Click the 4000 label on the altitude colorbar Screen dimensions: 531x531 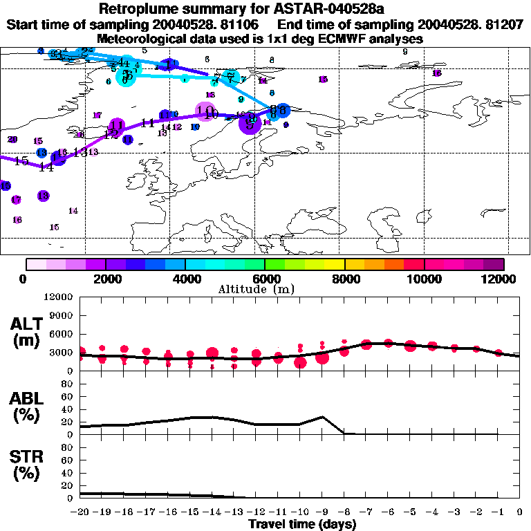click(185, 279)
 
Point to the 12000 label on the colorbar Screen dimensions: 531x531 click(500, 279)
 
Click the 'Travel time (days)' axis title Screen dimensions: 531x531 click(303, 525)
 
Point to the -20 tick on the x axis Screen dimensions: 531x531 click(80, 513)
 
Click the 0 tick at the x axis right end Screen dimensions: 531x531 click(519, 513)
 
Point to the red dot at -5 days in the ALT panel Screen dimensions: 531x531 click(410, 346)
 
